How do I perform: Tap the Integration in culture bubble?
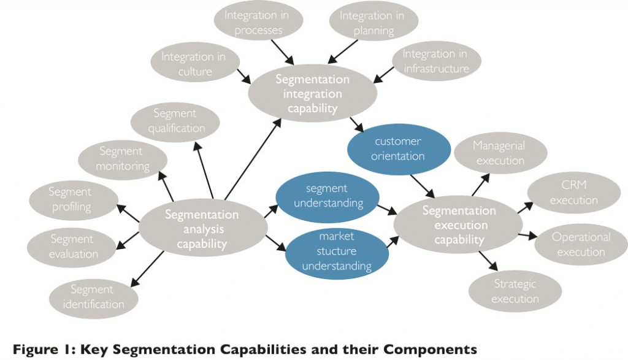click(x=193, y=64)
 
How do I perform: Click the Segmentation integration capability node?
click(x=312, y=94)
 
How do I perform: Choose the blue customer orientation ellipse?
click(x=397, y=149)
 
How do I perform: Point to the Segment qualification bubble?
click(x=175, y=121)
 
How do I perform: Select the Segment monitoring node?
click(x=123, y=158)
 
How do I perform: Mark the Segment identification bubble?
click(x=93, y=297)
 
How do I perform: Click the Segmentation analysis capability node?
click(x=202, y=229)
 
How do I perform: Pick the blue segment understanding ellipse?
click(x=326, y=196)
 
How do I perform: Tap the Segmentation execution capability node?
click(x=459, y=225)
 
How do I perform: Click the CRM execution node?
click(x=573, y=193)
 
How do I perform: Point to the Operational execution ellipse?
click(x=581, y=244)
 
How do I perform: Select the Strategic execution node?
click(x=515, y=291)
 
